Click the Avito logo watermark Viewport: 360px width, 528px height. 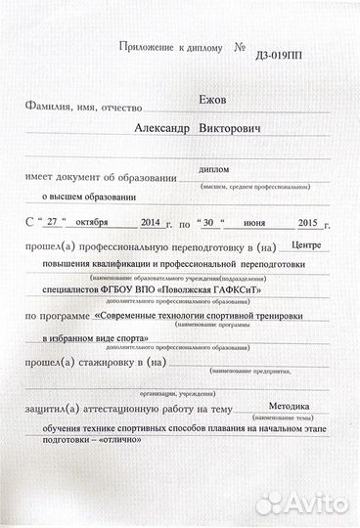tap(307, 505)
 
